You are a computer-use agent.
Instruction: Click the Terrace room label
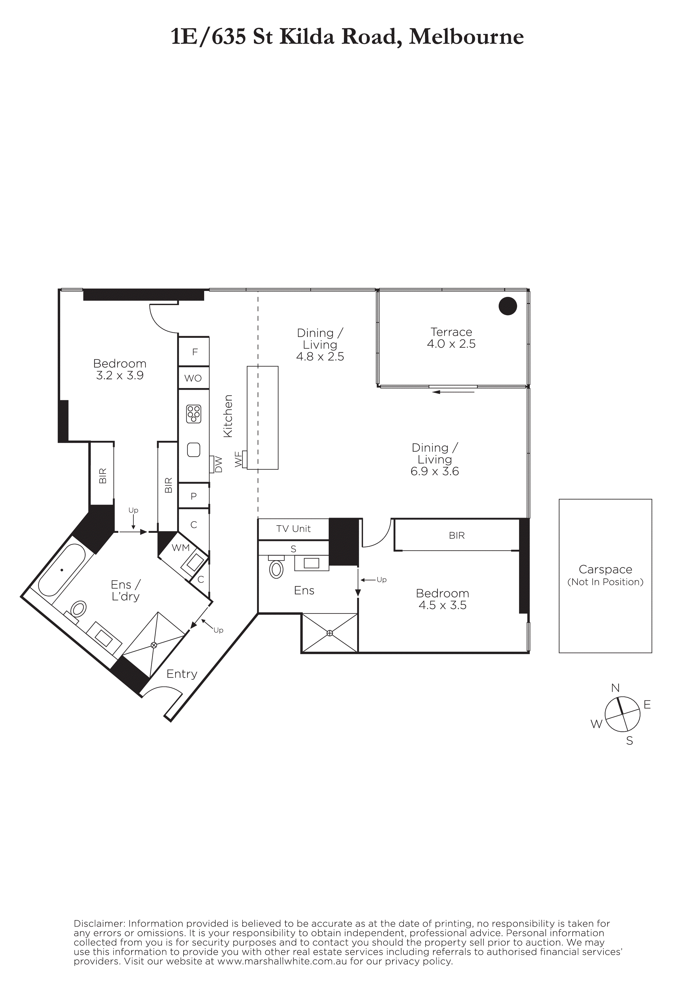(451, 332)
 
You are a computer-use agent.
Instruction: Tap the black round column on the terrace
(508, 306)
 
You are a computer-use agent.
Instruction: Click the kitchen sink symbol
(194, 450)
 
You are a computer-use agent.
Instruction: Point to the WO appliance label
(193, 378)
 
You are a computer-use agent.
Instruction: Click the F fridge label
(195, 352)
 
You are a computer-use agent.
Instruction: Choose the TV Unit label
(293, 529)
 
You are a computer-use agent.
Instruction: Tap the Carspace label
(605, 569)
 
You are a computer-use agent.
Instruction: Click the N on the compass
(616, 688)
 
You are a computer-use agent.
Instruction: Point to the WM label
(181, 547)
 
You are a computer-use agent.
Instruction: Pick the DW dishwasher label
(219, 465)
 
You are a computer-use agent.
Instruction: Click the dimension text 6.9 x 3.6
(435, 471)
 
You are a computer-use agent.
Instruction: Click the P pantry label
(194, 496)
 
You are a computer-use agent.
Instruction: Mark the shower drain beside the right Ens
(330, 633)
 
